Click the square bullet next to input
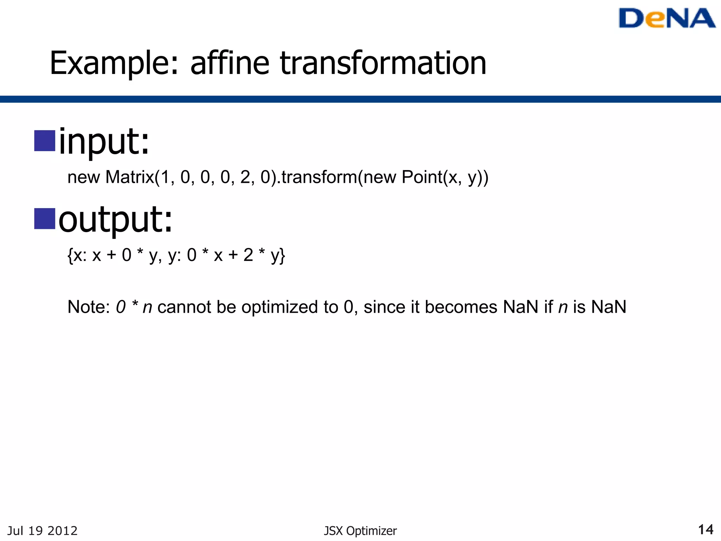point(45,141)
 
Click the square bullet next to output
point(45,219)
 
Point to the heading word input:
point(104,142)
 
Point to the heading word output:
point(115,220)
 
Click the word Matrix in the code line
point(130,177)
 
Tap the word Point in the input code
point(422,177)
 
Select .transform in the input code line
point(319,177)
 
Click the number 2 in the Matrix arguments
point(245,177)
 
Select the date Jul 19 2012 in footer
point(42,531)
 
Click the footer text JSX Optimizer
point(360,531)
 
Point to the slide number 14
point(706,530)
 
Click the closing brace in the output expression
point(283,256)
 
